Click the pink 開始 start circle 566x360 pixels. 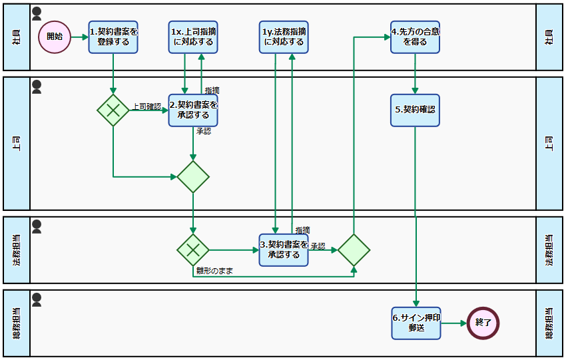(x=55, y=37)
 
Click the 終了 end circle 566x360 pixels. (x=483, y=323)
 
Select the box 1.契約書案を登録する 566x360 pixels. (x=113, y=37)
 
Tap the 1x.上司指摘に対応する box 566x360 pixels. (x=193, y=37)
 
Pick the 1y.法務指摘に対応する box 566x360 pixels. (x=284, y=37)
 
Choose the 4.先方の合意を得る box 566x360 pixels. (x=416, y=37)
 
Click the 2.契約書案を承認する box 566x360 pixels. (x=193, y=110)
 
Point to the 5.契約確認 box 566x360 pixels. (x=416, y=110)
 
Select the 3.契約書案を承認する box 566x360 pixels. (x=284, y=250)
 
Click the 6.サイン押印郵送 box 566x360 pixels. (x=416, y=323)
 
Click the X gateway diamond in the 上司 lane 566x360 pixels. (x=113, y=110)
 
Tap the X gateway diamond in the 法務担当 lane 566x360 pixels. (x=193, y=250)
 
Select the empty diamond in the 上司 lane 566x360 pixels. (x=193, y=177)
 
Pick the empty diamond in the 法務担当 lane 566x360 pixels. (x=354, y=250)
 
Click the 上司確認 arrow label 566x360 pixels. (x=146, y=106)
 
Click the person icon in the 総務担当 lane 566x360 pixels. (x=37, y=300)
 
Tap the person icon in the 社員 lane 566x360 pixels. (x=37, y=13)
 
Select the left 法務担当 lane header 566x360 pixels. (x=17, y=250)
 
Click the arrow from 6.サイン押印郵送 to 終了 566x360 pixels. (x=453, y=323)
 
